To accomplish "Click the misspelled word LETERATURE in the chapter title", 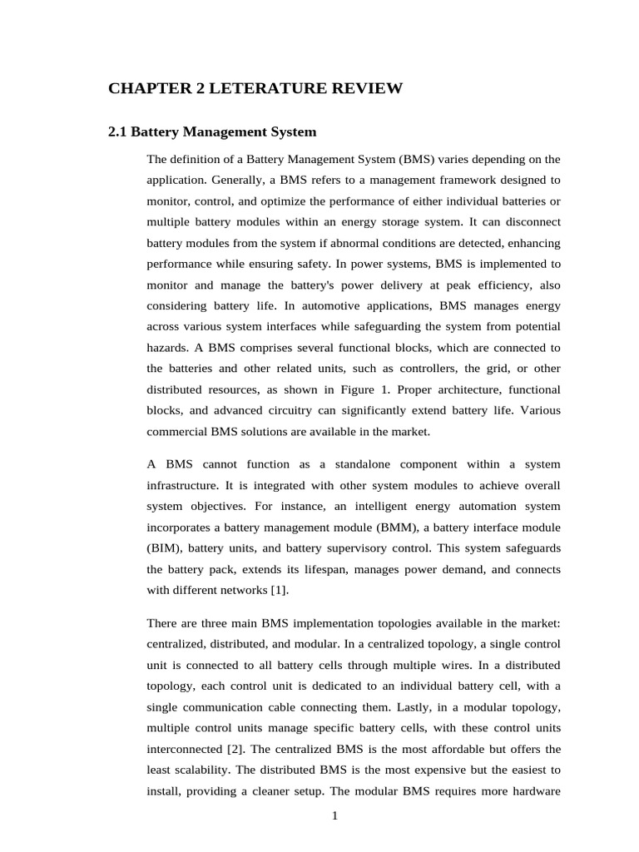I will pyautogui.click(x=267, y=88).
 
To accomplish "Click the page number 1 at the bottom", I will pyautogui.click(x=334, y=815).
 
